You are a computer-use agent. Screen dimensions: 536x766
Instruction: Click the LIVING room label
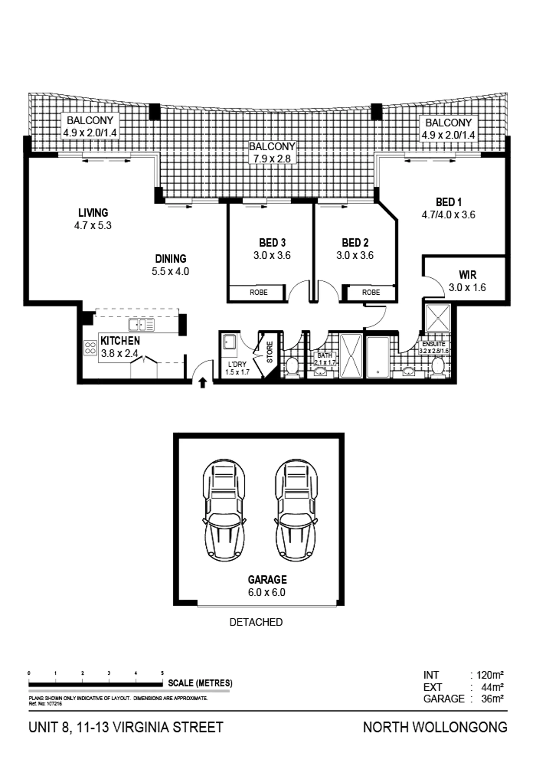tap(93, 213)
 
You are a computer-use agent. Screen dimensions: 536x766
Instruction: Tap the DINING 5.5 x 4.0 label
tap(170, 265)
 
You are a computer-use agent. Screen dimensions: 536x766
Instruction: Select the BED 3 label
tap(272, 242)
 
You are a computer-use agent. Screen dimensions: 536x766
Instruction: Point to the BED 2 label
tap(355, 242)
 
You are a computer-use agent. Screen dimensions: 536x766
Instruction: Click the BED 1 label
tap(449, 202)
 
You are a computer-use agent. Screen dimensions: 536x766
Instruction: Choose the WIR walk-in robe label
tap(468, 275)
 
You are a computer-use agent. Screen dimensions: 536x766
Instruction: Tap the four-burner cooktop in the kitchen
tap(90, 348)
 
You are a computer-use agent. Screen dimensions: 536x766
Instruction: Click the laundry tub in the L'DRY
tap(229, 342)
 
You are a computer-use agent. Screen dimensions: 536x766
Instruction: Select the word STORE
tap(270, 352)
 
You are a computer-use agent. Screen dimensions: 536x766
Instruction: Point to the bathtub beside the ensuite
tap(378, 357)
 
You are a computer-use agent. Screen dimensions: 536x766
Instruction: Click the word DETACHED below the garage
tap(256, 622)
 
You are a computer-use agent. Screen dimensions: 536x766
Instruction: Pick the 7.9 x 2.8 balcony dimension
tap(272, 158)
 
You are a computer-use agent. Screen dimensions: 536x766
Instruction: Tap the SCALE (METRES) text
tap(200, 683)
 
